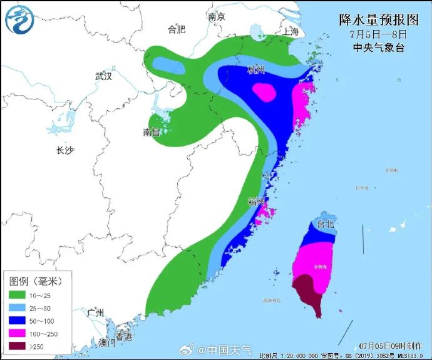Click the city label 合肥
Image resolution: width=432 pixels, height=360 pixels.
[x=177, y=29]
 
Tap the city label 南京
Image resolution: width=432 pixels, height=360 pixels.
[x=216, y=18]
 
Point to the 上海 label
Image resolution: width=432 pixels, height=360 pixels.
[x=291, y=32]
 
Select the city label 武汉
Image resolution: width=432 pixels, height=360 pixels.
[x=103, y=76]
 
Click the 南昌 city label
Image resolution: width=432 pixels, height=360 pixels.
[x=152, y=132]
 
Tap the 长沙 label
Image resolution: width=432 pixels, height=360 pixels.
[x=65, y=150]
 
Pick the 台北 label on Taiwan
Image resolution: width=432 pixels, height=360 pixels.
[x=326, y=224]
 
